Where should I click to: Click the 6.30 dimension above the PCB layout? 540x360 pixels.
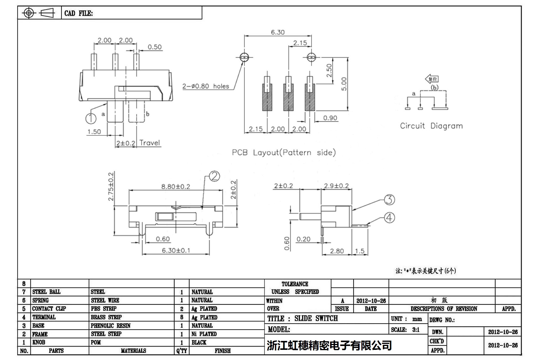point(278,32)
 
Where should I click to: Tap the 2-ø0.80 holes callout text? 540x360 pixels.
point(206,86)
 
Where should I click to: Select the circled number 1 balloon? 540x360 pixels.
point(91,118)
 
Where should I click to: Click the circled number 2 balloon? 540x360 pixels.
point(214,176)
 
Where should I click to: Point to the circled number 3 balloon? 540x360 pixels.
point(389,200)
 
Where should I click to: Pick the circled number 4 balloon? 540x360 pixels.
point(389,218)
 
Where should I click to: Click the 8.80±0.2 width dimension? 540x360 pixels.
point(176,187)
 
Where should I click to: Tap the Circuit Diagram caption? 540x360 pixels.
point(431,126)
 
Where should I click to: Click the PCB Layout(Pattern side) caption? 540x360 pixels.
point(284,153)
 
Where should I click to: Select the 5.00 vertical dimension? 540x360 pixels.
point(344,84)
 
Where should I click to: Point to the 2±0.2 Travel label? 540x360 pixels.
point(138,143)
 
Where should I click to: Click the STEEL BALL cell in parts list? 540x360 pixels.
point(47,292)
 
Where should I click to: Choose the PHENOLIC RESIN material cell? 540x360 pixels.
point(111,326)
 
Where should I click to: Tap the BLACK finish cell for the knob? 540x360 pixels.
point(199,342)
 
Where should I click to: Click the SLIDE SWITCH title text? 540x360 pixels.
point(316,319)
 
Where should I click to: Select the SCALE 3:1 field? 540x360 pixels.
point(405,330)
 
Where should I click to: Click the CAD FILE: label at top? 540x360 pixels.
point(78,13)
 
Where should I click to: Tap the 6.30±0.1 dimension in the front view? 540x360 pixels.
point(176,250)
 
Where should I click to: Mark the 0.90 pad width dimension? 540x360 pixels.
point(330,118)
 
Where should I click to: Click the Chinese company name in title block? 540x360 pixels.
point(329,345)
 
